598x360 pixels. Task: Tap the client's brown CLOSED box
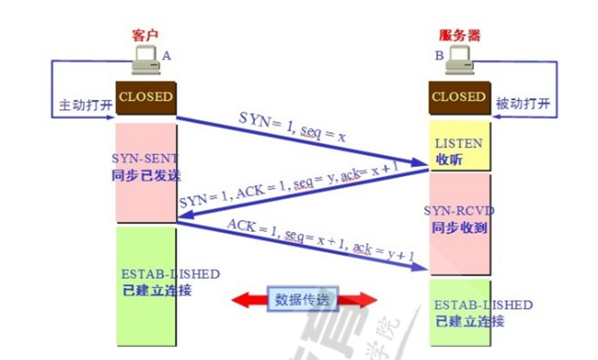pyautogui.click(x=146, y=97)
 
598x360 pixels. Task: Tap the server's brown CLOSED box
pyautogui.click(x=459, y=97)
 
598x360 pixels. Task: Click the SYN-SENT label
pyautogui.click(x=145, y=158)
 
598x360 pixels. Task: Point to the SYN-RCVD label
pyautogui.click(x=459, y=211)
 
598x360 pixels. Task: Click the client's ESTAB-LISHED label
pyautogui.click(x=171, y=274)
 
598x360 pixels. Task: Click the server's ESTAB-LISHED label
pyautogui.click(x=483, y=305)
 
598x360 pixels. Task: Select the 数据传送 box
pyautogui.click(x=301, y=300)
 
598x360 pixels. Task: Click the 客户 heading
pyautogui.click(x=145, y=35)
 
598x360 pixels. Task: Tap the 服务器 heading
pyautogui.click(x=460, y=35)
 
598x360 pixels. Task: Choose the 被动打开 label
pyautogui.click(x=523, y=104)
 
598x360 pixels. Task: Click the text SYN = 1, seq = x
pyautogui.click(x=292, y=127)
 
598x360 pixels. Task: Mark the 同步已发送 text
pyautogui.click(x=146, y=175)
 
